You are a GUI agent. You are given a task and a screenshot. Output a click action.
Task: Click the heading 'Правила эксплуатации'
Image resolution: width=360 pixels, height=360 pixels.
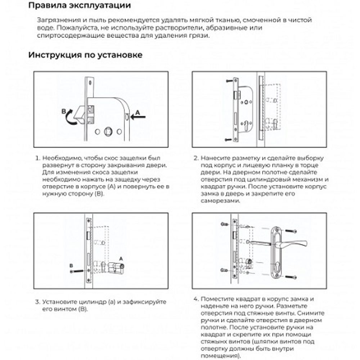[80, 6]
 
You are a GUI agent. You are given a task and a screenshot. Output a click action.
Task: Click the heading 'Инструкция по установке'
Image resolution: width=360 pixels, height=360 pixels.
[86, 55]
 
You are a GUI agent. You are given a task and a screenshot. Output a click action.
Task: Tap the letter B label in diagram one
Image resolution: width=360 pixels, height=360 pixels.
[64, 112]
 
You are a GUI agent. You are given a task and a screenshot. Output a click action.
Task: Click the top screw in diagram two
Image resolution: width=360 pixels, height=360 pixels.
[229, 82]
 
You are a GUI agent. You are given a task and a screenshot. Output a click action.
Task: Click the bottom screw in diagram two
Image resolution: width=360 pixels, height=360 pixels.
[229, 139]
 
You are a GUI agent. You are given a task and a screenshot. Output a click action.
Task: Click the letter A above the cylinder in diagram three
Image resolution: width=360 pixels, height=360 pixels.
[121, 258]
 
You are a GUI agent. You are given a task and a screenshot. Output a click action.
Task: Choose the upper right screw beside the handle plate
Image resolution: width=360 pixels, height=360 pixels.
[291, 231]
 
